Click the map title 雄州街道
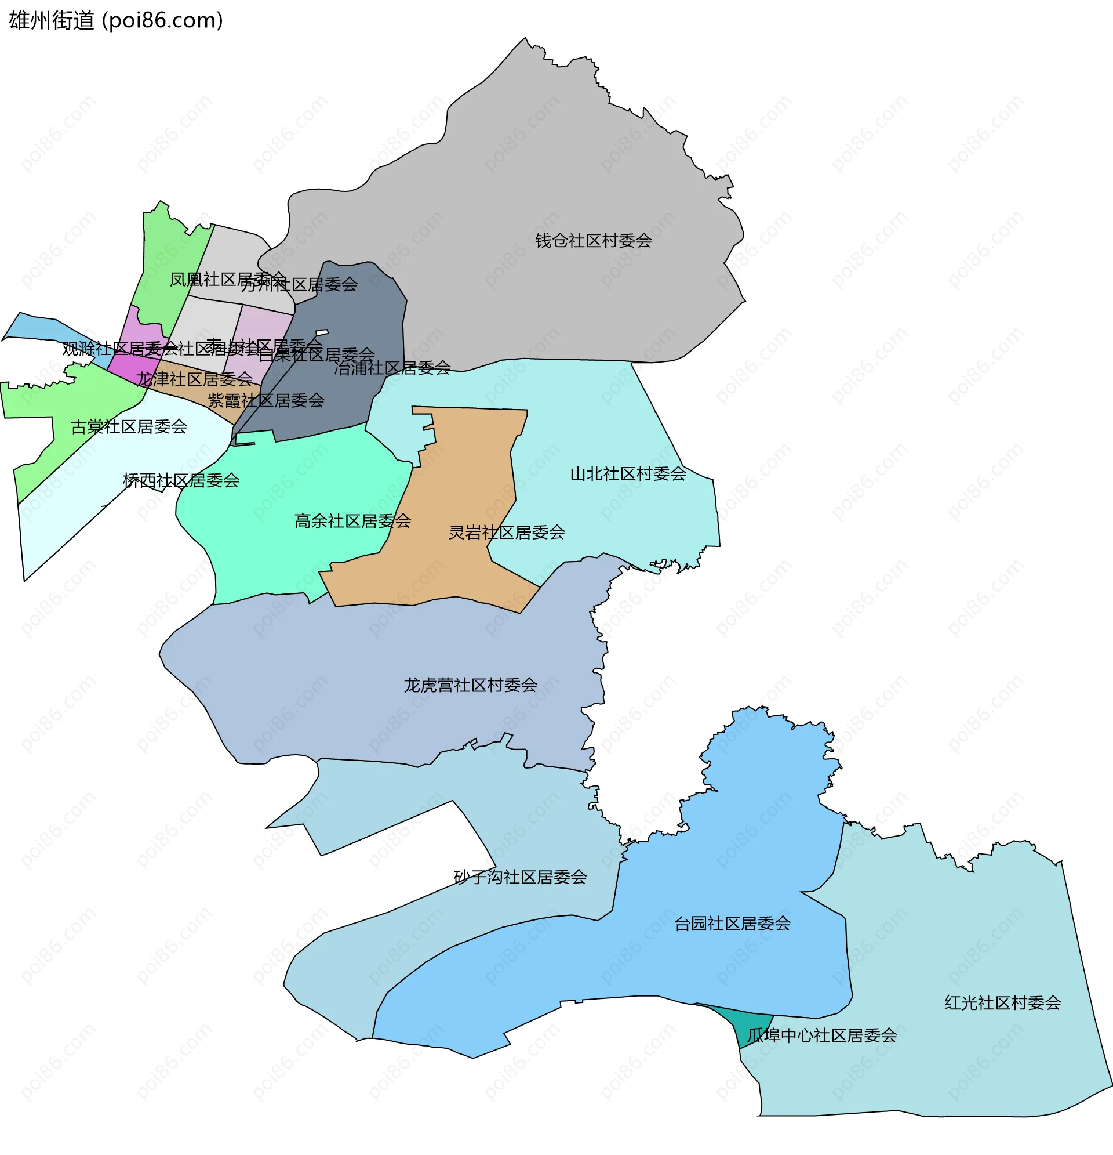point(51,21)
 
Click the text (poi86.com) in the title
point(163,21)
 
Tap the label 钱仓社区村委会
point(592,240)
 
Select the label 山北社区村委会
point(628,474)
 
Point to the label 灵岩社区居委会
point(507,533)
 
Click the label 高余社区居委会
point(352,521)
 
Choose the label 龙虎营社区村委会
point(470,685)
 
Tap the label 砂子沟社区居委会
point(520,878)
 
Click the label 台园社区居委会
point(732,924)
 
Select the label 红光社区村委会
point(1002,1003)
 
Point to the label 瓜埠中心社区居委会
point(821,1036)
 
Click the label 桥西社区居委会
point(181,481)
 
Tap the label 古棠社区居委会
point(128,426)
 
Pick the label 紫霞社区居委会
point(265,401)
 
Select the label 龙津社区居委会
point(194,379)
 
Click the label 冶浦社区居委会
point(392,368)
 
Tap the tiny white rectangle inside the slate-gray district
point(322,333)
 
